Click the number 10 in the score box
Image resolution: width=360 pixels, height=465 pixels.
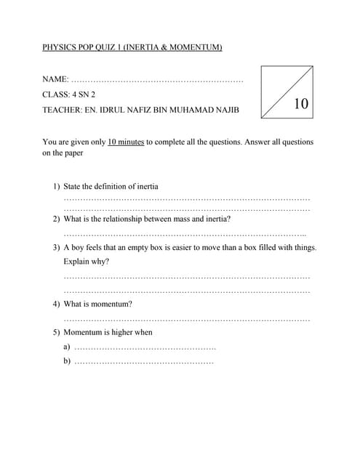pos(301,104)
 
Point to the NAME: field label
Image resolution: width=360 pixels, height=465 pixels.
pos(56,78)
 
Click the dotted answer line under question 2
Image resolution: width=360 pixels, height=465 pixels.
pos(185,235)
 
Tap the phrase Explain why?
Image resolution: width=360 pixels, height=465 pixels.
pos(87,262)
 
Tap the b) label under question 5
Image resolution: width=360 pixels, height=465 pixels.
pos(67,360)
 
